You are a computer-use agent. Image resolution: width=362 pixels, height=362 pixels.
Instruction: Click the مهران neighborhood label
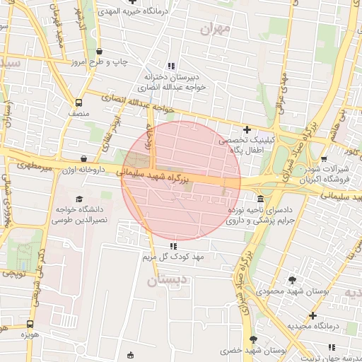pyautogui.click(x=216, y=30)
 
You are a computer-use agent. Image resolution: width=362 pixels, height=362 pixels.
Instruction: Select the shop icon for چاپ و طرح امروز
pyautogui.click(x=99, y=51)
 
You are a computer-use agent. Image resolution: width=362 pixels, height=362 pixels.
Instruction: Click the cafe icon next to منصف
pyautogui.click(x=78, y=102)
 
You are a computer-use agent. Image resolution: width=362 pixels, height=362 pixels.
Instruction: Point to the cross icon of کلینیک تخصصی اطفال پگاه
pyautogui.click(x=247, y=129)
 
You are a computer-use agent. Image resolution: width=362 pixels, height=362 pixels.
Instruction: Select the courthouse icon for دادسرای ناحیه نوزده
pyautogui.click(x=261, y=198)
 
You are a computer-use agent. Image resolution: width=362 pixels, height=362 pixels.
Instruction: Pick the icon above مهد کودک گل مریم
pyautogui.click(x=173, y=246)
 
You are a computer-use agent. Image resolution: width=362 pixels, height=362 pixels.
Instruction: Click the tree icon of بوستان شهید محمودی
pyautogui.click(x=292, y=280)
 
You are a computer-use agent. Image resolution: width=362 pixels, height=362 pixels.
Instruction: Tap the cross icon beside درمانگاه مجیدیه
pyautogui.click(x=313, y=315)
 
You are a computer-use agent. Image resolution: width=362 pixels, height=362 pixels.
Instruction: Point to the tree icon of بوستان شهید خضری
pyautogui.click(x=253, y=340)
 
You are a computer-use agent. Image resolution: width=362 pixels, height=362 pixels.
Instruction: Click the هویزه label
pyautogui.click(x=28, y=333)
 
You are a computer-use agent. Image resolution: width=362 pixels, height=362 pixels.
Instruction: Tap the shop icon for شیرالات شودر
pyautogui.click(x=324, y=159)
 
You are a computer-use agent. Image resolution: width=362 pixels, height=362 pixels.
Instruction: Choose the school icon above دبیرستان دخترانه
pyautogui.click(x=171, y=66)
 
